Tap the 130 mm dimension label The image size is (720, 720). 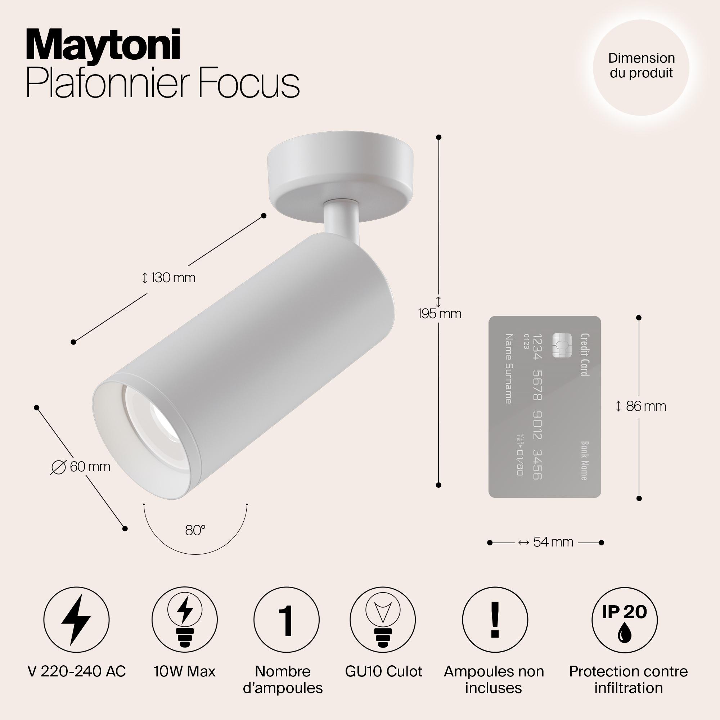pos(168,278)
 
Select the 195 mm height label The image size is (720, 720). pos(439,314)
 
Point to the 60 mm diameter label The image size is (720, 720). pos(81,467)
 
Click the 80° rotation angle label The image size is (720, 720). pos(195,530)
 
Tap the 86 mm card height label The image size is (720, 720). pos(642,406)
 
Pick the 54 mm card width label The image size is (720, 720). pos(546,542)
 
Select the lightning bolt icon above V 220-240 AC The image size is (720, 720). pos(76,620)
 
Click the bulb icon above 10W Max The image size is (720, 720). pos(185,620)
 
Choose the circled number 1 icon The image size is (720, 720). pos(286,620)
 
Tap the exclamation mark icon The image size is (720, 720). pos(495,620)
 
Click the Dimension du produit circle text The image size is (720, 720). pos(642,65)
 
